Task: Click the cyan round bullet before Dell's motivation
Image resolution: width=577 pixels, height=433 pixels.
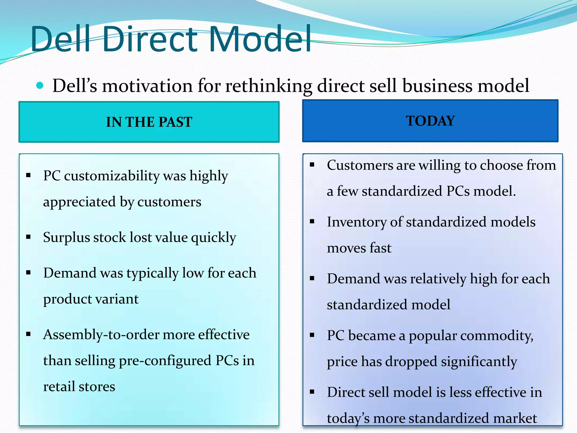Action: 40,85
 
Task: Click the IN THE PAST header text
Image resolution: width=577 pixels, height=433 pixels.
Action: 149,122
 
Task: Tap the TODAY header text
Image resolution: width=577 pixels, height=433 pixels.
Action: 430,121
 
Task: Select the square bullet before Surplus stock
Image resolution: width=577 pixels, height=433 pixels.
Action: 28,237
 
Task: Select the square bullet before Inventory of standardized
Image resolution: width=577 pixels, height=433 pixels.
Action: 312,222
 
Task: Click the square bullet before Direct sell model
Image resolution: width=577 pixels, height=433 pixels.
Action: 312,392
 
